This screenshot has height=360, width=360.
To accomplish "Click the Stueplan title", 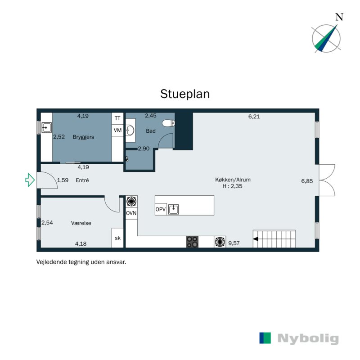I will pos(185,94).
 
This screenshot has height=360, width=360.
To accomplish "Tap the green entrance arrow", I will pos(30,180).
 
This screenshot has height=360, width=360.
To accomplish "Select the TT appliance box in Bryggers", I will pos(118,118).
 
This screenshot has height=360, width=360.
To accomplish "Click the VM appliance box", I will pos(118,130).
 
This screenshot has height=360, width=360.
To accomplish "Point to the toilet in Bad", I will pos(168,123).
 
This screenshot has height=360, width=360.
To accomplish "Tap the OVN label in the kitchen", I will pos(131,213).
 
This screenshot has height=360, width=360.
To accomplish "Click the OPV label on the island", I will pos(161,210).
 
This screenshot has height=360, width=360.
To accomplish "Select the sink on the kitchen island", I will pos(174,210).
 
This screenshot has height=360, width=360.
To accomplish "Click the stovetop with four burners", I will pos(193,242).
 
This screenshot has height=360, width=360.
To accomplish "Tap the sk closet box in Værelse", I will pos(118,238).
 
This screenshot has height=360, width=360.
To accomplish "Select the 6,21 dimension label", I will pos(254,117).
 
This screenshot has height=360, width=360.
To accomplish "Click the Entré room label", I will pos(82,180).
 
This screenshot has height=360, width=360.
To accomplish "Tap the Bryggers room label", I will pos(83,137).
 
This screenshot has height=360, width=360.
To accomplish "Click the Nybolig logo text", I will pos(308,338).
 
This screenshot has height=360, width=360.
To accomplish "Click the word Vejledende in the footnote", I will pos(50,261).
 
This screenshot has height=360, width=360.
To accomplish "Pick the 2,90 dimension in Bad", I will pos(143,148).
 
